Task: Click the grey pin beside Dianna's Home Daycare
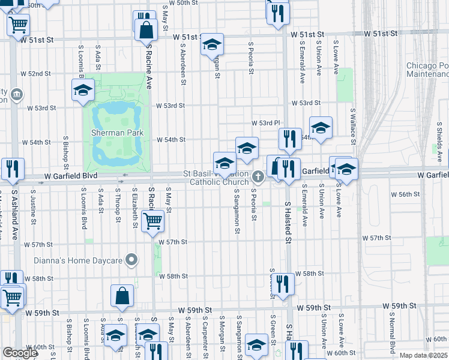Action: tap(132, 260)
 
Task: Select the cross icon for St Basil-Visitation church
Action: tap(258, 176)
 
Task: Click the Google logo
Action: tap(20, 353)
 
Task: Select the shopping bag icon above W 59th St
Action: tap(122, 295)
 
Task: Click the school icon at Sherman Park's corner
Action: tap(82, 90)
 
